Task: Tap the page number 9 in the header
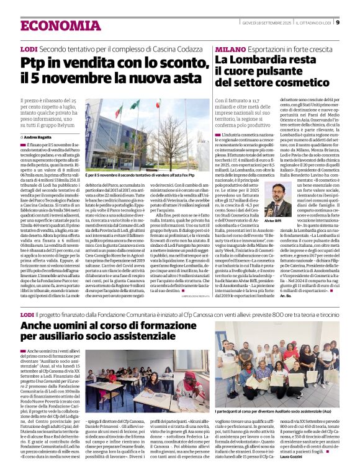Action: [338, 23]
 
